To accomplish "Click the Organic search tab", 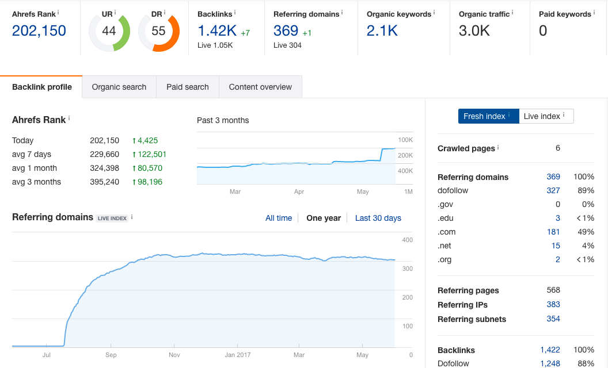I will tap(119, 87).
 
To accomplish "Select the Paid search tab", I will tap(188, 87).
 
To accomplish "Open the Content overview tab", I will tap(260, 87).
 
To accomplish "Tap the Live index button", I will tap(546, 116).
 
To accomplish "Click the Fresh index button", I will tap(488, 116).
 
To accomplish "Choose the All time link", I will tap(279, 218).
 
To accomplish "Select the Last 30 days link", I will tap(378, 218).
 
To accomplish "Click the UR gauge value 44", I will tap(109, 31).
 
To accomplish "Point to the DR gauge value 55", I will tap(158, 31).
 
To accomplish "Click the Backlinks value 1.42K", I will tap(217, 30).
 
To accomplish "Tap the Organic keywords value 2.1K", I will tap(382, 30).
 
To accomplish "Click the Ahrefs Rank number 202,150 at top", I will tap(39, 30).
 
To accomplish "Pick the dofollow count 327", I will tap(553, 190).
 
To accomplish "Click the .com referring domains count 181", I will tap(553, 232).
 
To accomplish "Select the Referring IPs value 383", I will tap(553, 305).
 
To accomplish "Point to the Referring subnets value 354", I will tap(553, 319).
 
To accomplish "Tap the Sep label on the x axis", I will tap(111, 355).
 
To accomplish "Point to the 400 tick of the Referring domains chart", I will tap(407, 240).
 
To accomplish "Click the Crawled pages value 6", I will tap(558, 148).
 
